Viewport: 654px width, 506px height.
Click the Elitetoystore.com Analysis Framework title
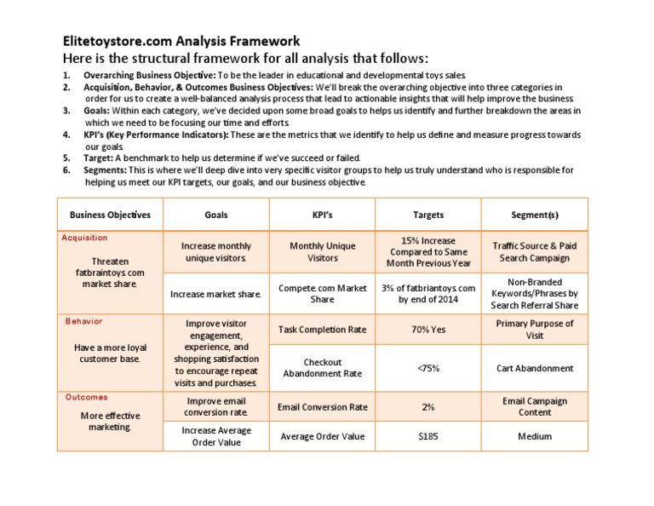pos(181,41)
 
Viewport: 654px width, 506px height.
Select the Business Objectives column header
pos(110,215)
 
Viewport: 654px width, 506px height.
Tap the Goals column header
pos(216,215)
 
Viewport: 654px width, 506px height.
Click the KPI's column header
pos(322,215)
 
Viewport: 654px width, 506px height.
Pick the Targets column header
pos(428,215)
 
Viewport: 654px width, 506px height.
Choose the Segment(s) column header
pos(534,215)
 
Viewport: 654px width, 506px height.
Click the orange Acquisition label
pos(85,238)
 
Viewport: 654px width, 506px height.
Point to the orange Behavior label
pos(83,321)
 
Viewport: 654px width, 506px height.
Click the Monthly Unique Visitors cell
pos(322,251)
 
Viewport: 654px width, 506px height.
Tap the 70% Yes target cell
pos(428,329)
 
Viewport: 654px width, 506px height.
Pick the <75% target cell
pos(428,368)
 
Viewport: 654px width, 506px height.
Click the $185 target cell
pos(428,436)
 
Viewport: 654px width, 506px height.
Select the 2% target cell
pos(428,406)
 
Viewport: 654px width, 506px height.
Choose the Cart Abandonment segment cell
pos(534,368)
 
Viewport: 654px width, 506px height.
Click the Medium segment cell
pos(534,436)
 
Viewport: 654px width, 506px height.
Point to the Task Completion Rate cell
pos(322,329)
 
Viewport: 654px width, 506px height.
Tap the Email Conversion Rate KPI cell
pos(322,406)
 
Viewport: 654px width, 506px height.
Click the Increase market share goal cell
pos(216,294)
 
